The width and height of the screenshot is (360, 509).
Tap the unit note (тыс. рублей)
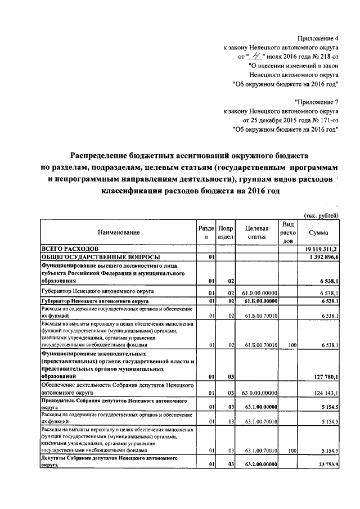[x=321, y=215]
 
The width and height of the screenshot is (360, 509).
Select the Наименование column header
[x=118, y=232]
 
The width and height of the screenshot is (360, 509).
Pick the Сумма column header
[x=318, y=232]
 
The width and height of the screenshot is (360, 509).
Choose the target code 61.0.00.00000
[x=259, y=292]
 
